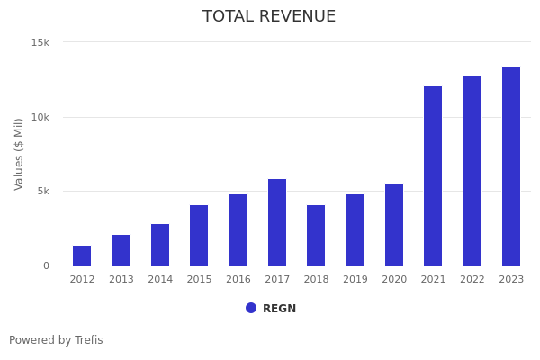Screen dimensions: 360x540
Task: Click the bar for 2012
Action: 82,256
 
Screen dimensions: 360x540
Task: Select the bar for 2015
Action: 199,236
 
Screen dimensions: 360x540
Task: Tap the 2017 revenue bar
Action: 277,222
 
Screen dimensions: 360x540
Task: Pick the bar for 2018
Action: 316,236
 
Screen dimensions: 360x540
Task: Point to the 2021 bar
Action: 433,176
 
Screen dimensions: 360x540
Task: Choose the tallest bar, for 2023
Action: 511,166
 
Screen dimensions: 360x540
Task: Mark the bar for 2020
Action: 394,225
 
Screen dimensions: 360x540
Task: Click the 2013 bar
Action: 121,250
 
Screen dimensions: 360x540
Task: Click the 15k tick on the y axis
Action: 40,42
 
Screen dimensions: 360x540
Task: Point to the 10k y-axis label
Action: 40,117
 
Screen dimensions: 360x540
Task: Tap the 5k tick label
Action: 42,191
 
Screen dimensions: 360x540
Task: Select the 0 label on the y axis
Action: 46,265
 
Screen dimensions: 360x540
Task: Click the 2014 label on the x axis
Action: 160,280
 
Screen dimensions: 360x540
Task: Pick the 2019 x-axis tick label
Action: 355,280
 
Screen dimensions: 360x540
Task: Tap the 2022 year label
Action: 472,280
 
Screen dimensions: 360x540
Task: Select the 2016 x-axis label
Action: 238,280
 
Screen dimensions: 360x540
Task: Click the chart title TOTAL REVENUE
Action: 269,17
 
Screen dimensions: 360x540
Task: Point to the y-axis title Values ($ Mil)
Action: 19,154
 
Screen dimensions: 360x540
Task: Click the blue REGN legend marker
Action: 251,308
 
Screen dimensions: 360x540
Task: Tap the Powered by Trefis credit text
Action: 56,340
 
